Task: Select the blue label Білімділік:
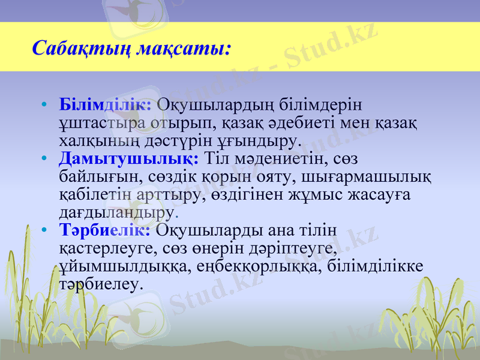[x=105, y=104]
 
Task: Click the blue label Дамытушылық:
[x=129, y=159]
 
